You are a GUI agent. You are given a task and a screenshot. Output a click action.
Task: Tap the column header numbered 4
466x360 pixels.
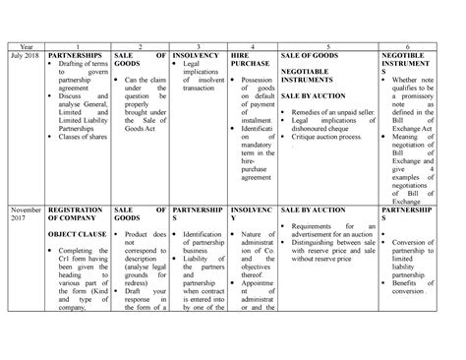tap(254, 45)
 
